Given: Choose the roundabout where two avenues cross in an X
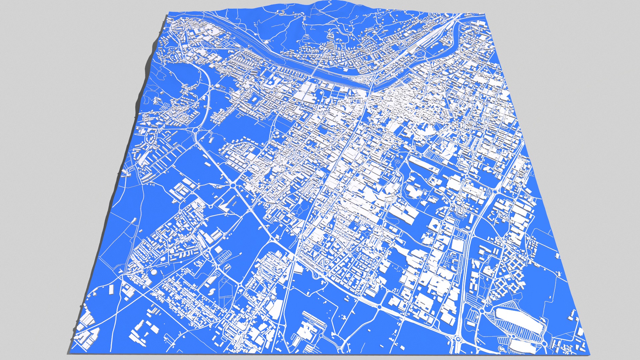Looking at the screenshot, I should click(233, 185).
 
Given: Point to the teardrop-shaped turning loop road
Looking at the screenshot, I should click(315, 275).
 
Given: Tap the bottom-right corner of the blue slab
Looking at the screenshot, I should click(590, 353).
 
